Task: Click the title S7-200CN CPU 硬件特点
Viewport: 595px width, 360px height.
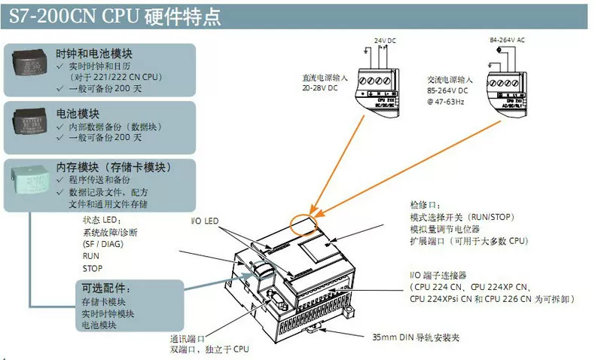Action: coord(114,14)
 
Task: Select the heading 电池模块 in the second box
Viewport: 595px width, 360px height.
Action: coord(78,114)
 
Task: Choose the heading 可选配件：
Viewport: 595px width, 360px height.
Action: coord(107,288)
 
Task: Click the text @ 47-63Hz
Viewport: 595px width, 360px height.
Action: coord(447,100)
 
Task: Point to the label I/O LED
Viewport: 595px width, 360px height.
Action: coord(204,221)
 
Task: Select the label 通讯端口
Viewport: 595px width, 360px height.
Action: coord(188,338)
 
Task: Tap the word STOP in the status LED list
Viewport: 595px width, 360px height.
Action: coord(93,268)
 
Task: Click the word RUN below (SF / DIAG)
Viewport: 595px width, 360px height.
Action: coord(90,256)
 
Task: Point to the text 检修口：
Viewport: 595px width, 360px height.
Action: coord(425,206)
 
